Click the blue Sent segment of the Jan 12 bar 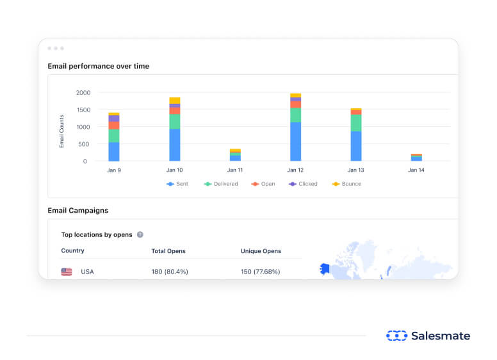point(295,142)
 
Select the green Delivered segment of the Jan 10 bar point(175,122)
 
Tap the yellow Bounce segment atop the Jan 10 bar point(175,101)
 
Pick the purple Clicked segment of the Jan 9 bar point(114,119)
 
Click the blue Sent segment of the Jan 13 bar point(356,146)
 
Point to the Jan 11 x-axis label point(235,170)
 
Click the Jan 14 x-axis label point(416,170)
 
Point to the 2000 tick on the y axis point(82,93)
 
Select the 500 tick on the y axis point(84,144)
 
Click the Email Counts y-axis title point(62,131)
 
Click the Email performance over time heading point(98,66)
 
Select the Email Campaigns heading point(77,210)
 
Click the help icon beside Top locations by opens point(140,235)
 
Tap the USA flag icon point(67,272)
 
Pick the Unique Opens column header point(261,251)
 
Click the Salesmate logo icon point(396,336)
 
